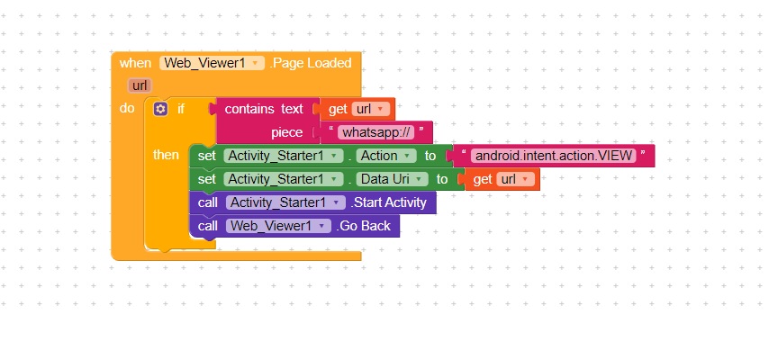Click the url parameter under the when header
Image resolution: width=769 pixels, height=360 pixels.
click(x=140, y=85)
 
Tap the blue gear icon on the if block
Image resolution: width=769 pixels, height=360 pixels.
click(x=161, y=109)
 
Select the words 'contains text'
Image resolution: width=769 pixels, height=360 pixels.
click(x=264, y=109)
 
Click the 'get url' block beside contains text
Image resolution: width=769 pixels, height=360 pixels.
click(x=357, y=109)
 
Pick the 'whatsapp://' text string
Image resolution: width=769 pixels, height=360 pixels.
click(x=375, y=132)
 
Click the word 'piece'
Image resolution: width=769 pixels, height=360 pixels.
click(x=286, y=132)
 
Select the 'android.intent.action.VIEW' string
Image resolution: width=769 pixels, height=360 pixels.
click(x=553, y=156)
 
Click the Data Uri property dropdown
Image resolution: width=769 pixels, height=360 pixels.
click(x=393, y=179)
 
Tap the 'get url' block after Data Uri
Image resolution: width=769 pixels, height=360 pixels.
click(x=501, y=179)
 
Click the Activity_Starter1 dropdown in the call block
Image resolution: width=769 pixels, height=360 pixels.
click(x=285, y=202)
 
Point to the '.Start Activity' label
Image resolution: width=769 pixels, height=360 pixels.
click(x=388, y=202)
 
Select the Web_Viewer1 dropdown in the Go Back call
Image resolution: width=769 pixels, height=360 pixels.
click(x=278, y=226)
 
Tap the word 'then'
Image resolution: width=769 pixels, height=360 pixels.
click(x=166, y=155)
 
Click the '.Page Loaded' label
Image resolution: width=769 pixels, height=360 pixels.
click(x=311, y=63)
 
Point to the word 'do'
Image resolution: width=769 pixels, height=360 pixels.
click(x=127, y=108)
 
